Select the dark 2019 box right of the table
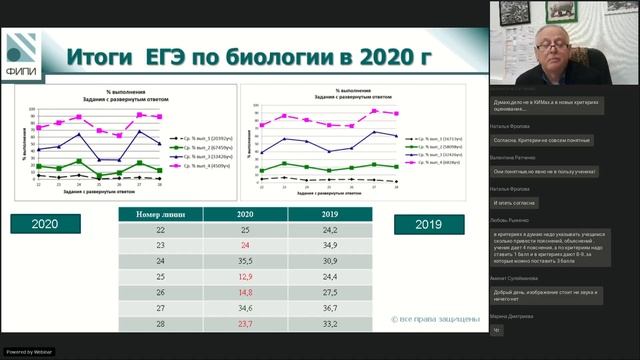tap(428, 224)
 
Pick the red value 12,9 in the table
tap(245, 275)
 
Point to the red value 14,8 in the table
tap(245, 292)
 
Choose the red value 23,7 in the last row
tap(245, 325)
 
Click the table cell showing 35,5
tap(245, 259)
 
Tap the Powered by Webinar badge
tap(27, 352)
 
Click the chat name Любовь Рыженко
tap(515, 217)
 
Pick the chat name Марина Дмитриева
tap(513, 316)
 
